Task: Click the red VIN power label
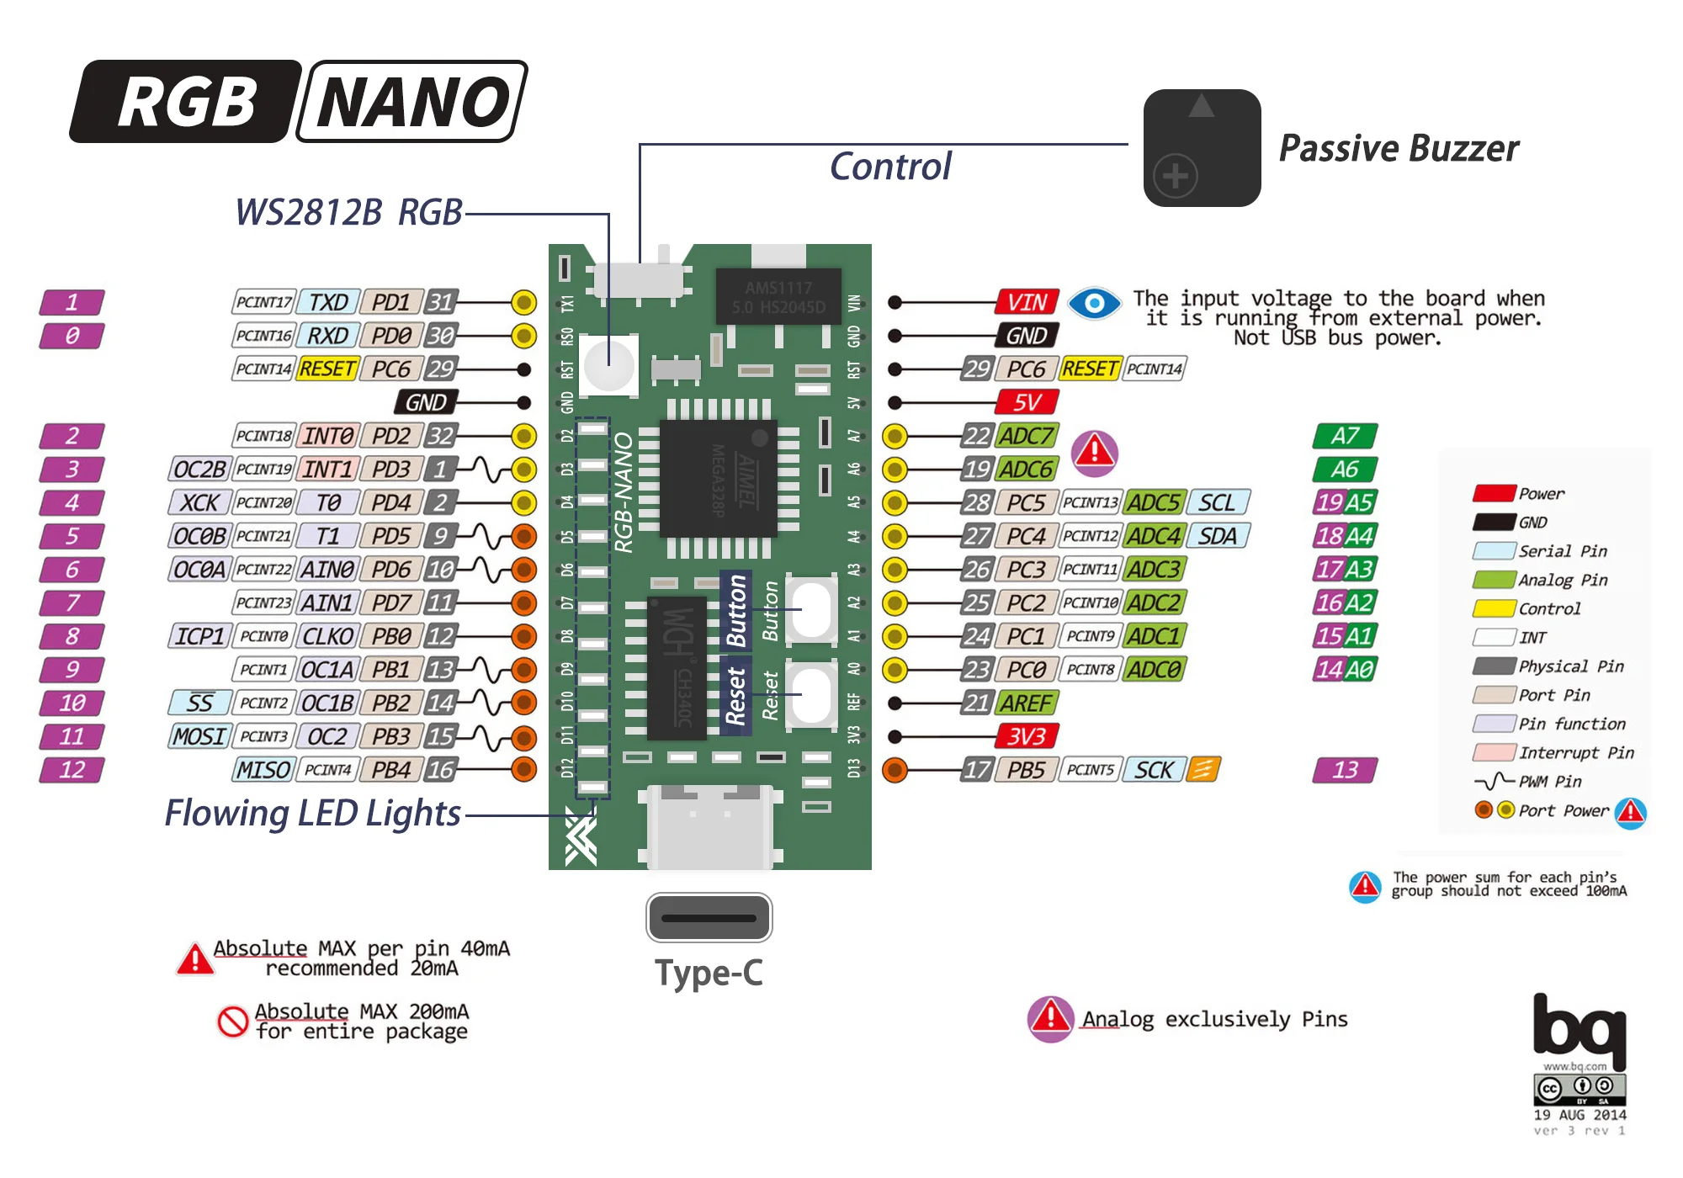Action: [1027, 302]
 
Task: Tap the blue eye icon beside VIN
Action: [1094, 303]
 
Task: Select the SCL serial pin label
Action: [1217, 502]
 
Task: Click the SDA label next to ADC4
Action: [1217, 536]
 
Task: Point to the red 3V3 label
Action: [1027, 736]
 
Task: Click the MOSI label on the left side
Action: [199, 736]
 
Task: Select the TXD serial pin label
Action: [328, 302]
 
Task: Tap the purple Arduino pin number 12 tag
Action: [72, 770]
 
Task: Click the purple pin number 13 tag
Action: [1345, 770]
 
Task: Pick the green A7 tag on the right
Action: [1345, 436]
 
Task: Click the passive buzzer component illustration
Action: [1202, 148]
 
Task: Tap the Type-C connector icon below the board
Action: [709, 917]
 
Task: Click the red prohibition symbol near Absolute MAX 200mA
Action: [232, 1021]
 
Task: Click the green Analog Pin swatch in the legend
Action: [1494, 580]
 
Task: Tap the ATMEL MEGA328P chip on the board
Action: [718, 478]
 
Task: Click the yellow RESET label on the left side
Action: [327, 369]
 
